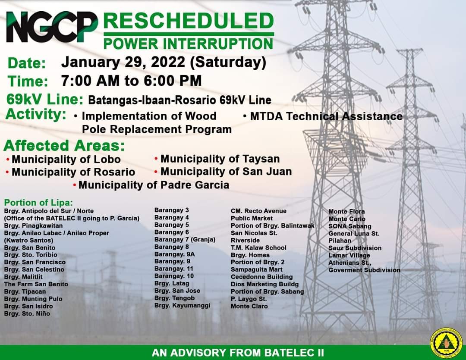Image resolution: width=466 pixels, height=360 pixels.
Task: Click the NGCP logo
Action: click(x=52, y=27)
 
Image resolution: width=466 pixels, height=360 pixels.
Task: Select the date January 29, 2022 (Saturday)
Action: click(x=164, y=63)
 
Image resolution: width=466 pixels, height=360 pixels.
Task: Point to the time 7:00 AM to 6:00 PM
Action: click(x=131, y=81)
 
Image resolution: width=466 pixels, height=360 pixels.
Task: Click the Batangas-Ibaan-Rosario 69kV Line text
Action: click(x=180, y=100)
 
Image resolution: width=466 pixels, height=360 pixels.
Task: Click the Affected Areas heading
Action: click(x=64, y=146)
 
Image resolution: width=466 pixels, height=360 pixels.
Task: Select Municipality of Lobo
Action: click(x=63, y=159)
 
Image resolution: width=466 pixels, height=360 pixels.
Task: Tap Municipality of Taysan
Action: click(x=217, y=159)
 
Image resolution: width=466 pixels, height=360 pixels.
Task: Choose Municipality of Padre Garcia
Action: click(x=151, y=185)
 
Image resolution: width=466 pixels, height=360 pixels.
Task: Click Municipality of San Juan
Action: click(x=223, y=172)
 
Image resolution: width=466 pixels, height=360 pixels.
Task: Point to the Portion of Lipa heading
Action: click(x=38, y=203)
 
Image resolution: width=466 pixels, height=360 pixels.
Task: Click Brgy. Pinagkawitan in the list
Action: click(x=33, y=226)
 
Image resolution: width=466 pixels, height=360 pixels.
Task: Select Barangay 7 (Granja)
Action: click(x=185, y=239)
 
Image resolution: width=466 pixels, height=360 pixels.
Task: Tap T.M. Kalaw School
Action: click(x=258, y=248)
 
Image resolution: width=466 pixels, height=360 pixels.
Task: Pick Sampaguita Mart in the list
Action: click(x=257, y=270)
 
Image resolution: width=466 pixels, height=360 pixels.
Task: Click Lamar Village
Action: click(x=349, y=255)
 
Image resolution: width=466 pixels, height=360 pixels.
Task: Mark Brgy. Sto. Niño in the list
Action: click(x=27, y=314)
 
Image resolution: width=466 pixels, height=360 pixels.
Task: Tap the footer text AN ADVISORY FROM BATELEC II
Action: click(x=238, y=353)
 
